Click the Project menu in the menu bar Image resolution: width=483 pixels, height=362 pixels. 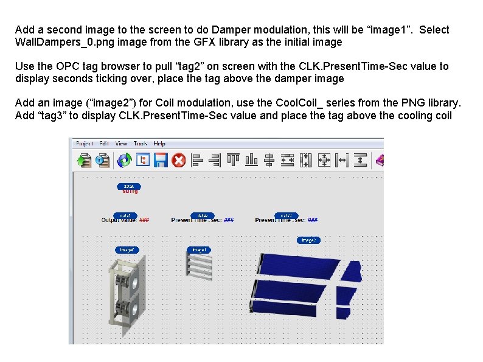tap(84, 144)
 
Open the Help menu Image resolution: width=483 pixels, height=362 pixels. tap(159, 144)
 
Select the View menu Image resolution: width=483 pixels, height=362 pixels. tap(122, 144)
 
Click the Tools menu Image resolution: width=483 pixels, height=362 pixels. tap(140, 144)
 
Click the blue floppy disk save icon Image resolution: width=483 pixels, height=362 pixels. tap(161, 160)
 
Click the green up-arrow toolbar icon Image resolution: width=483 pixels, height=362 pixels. tap(83, 160)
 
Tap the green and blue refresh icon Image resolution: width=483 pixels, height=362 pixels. tap(124, 160)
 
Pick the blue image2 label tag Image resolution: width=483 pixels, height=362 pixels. tap(308, 240)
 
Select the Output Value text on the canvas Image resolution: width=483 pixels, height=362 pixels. tap(120, 220)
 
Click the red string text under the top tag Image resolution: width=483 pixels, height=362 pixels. tap(130, 191)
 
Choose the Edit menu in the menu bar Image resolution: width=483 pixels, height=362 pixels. tap(105, 144)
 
